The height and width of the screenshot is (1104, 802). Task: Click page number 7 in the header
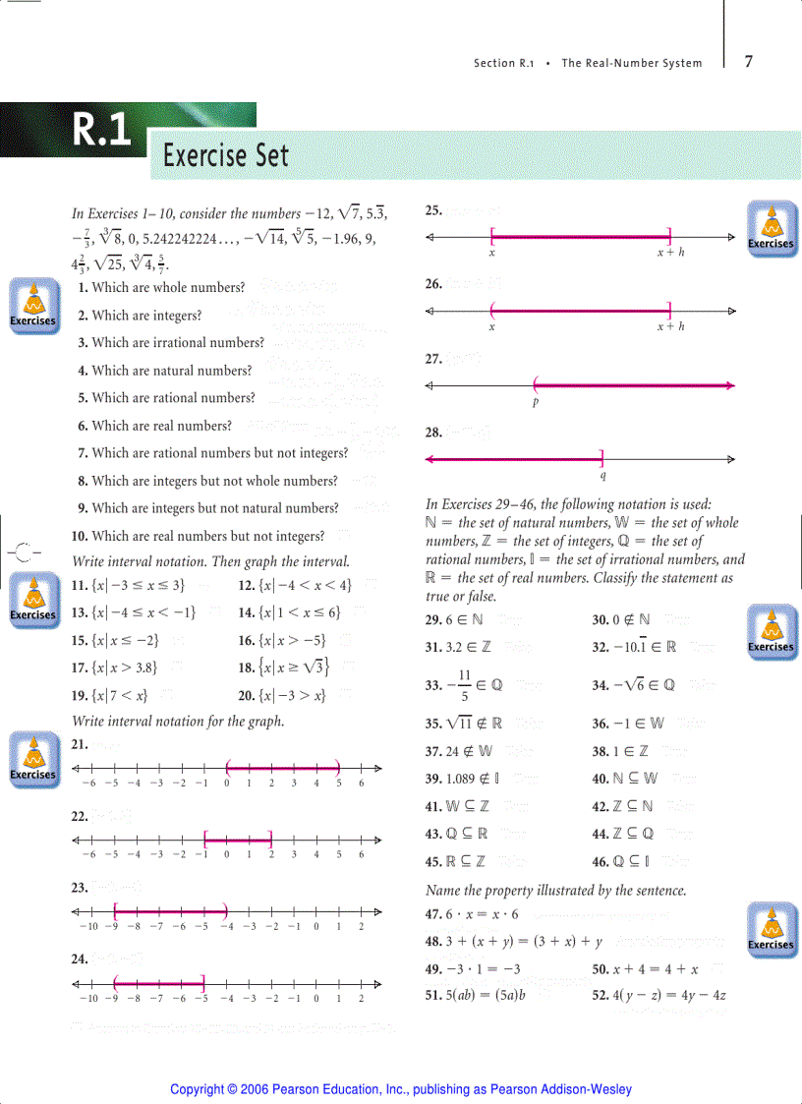coord(749,61)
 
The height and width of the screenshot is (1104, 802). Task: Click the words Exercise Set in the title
coord(226,155)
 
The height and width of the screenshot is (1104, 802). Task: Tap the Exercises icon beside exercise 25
coord(771,228)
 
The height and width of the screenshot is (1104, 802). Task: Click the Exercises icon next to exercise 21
coord(32,759)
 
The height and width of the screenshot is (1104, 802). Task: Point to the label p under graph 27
coord(537,401)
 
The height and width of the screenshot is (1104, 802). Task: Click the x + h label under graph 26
coord(670,326)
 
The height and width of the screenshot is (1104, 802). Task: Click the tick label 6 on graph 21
coord(361,784)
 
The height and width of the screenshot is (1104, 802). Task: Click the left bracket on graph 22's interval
coord(204,839)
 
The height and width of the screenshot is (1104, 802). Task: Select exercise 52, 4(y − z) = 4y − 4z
coord(659,995)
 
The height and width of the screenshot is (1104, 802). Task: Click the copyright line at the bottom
coord(401,1089)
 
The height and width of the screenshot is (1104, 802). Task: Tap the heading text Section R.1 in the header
coord(503,63)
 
